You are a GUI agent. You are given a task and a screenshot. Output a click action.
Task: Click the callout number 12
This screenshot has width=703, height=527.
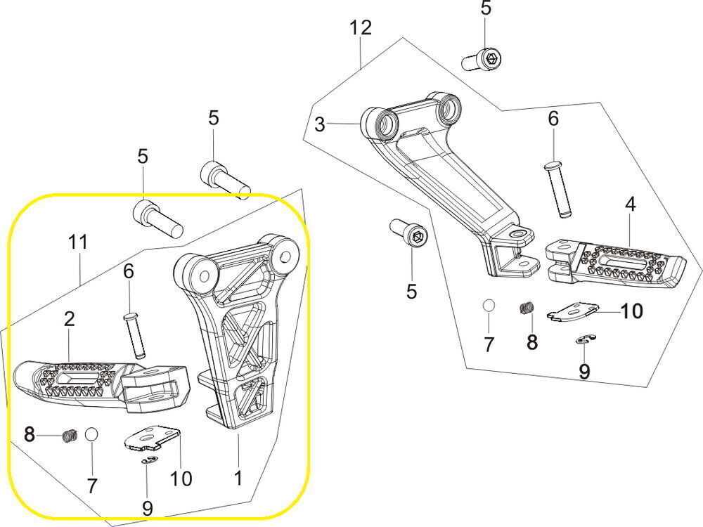tap(360, 29)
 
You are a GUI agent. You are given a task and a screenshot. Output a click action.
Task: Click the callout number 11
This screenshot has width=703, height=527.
tap(78, 242)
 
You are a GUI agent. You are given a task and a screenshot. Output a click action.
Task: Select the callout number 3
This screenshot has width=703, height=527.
tap(320, 126)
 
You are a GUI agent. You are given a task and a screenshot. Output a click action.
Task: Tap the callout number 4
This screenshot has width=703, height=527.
tap(630, 204)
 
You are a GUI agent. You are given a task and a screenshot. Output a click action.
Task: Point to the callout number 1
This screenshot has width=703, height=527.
tap(238, 479)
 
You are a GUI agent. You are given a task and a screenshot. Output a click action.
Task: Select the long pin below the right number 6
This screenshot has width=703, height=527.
tap(558, 189)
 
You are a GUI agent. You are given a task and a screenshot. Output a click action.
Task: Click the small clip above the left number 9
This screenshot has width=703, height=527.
tap(148, 460)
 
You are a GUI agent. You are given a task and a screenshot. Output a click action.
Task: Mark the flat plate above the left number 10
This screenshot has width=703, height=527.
tap(152, 439)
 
